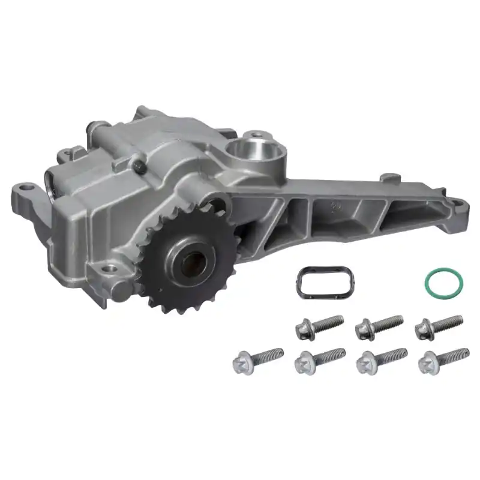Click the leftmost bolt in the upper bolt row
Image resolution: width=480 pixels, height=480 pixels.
pyautogui.click(x=319, y=326)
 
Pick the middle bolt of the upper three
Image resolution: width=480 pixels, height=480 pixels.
pyautogui.click(x=378, y=326)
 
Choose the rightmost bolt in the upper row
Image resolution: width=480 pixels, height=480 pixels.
pyautogui.click(x=439, y=325)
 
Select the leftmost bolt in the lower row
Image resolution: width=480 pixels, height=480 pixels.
pyautogui.click(x=257, y=359)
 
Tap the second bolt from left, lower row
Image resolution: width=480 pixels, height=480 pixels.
pyautogui.click(x=320, y=360)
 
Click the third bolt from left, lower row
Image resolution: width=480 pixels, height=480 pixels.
pyautogui.click(x=382, y=360)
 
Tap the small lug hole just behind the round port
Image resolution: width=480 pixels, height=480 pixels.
pyautogui.click(x=257, y=135)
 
